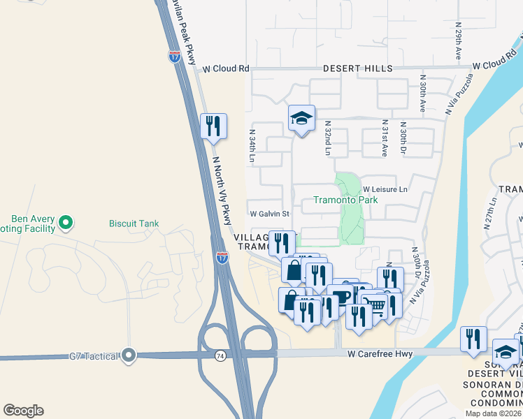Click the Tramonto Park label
[345, 200]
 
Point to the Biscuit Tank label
[134, 224]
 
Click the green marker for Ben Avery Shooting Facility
[66, 223]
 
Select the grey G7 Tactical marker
[127, 355]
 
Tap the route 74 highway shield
[221, 355]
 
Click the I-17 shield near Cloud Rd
[174, 56]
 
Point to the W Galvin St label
[269, 214]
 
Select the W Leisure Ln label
[385, 189]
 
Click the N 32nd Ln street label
[327, 138]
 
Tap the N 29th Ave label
[459, 44]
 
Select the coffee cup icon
[341, 296]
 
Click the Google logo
[23, 411]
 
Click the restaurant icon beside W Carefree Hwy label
[473, 339]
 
